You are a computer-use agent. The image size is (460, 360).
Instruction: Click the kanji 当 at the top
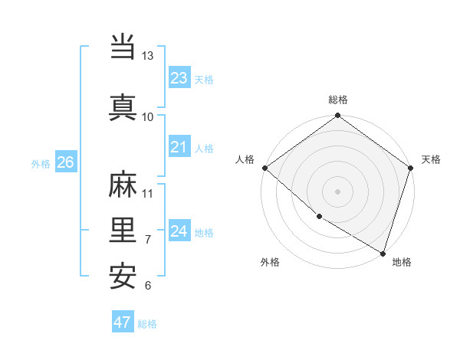(x=123, y=47)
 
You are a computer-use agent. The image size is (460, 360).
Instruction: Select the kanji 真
(x=123, y=106)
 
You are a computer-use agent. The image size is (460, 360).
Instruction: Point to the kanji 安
(x=123, y=277)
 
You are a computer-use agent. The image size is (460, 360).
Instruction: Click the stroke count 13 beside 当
(x=148, y=56)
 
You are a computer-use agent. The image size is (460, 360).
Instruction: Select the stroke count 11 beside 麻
(x=148, y=193)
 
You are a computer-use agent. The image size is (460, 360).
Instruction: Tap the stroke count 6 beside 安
(x=148, y=286)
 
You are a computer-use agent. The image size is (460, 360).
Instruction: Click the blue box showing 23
(x=179, y=77)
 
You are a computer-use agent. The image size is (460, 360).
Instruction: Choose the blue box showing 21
(x=179, y=146)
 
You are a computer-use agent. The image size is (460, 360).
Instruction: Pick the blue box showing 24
(x=179, y=231)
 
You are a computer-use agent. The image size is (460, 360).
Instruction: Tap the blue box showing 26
(x=65, y=162)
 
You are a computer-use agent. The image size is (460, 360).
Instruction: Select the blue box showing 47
(x=122, y=322)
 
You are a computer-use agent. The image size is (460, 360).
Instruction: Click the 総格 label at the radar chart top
(x=338, y=100)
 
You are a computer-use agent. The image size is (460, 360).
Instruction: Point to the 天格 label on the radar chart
(x=431, y=159)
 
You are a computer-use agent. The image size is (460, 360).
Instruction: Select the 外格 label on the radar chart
(x=270, y=262)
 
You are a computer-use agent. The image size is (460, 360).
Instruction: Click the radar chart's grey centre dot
(x=337, y=191)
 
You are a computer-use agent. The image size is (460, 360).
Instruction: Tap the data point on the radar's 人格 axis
(x=264, y=168)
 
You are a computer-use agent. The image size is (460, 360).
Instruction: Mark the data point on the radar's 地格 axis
(x=383, y=253)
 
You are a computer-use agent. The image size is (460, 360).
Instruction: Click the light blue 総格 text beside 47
(x=147, y=324)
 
